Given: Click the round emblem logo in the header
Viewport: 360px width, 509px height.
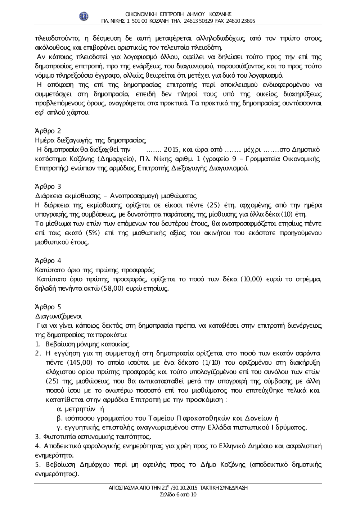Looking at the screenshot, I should coord(84,17).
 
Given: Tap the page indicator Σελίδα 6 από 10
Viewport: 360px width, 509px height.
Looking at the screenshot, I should coord(178,495).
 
